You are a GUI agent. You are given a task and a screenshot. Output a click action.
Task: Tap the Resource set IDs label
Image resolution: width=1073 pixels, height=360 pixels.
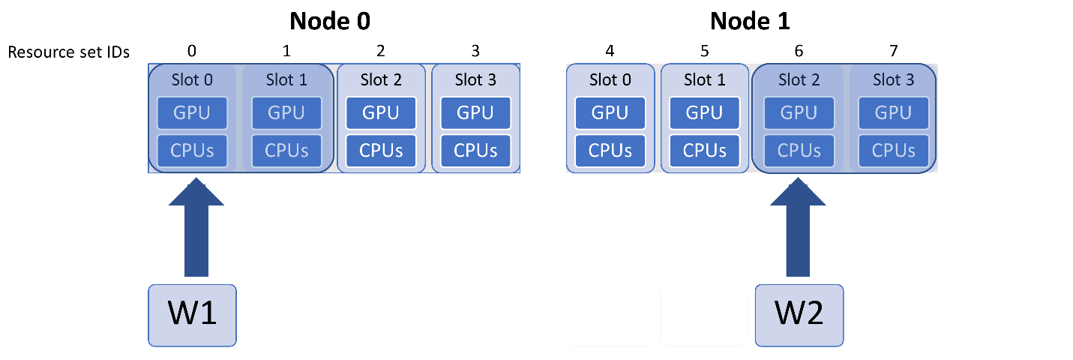pos(68,52)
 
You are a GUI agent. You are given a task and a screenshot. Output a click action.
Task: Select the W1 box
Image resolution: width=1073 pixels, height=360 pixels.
pos(192,315)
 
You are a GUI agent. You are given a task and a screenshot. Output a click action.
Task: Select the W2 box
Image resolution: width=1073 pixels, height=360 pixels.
pos(799,315)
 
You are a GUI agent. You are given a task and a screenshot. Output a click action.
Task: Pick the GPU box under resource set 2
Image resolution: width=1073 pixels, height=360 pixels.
pos(381,113)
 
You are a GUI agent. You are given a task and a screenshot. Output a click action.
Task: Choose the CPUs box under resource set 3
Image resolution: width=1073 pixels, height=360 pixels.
pos(475,150)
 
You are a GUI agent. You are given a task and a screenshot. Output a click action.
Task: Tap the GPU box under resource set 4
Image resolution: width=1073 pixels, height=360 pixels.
pos(610,113)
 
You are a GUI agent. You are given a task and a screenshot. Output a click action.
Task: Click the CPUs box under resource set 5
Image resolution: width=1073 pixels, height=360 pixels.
pos(704,150)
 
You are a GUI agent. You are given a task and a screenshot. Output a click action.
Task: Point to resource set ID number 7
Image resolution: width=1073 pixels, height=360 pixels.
pos(894,51)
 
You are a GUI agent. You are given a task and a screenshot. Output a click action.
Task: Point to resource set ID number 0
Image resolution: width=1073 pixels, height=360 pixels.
pos(192,51)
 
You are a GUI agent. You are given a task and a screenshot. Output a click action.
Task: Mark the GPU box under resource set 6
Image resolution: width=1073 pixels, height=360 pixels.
pos(799,113)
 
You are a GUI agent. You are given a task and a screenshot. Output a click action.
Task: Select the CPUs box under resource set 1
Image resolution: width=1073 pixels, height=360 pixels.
pos(286,150)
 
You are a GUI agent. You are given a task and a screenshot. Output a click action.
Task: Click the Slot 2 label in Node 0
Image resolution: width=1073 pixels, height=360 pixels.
pos(381,79)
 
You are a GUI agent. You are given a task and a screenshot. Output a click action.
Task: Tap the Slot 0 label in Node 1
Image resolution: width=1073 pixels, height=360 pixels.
pos(610,79)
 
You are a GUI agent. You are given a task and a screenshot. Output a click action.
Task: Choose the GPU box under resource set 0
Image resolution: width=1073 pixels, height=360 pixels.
pos(192,113)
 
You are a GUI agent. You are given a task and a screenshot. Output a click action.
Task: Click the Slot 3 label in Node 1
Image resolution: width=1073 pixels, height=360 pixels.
pos(894,79)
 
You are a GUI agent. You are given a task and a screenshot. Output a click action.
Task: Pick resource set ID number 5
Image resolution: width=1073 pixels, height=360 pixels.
pos(704,51)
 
